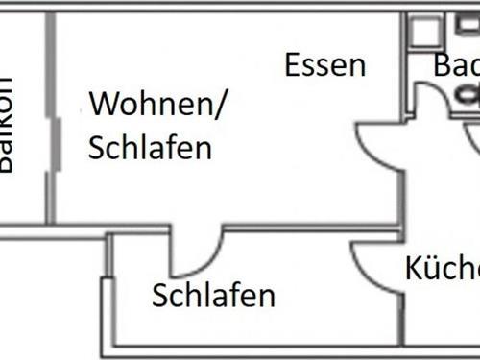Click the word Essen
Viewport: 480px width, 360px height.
[324, 65]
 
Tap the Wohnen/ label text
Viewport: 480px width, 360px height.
[158, 106]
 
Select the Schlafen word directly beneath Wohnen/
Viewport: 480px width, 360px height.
[150, 149]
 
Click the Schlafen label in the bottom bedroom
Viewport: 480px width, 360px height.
[214, 296]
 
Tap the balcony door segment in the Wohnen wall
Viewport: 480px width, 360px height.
[54, 144]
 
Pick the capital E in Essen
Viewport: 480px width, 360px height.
[293, 65]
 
